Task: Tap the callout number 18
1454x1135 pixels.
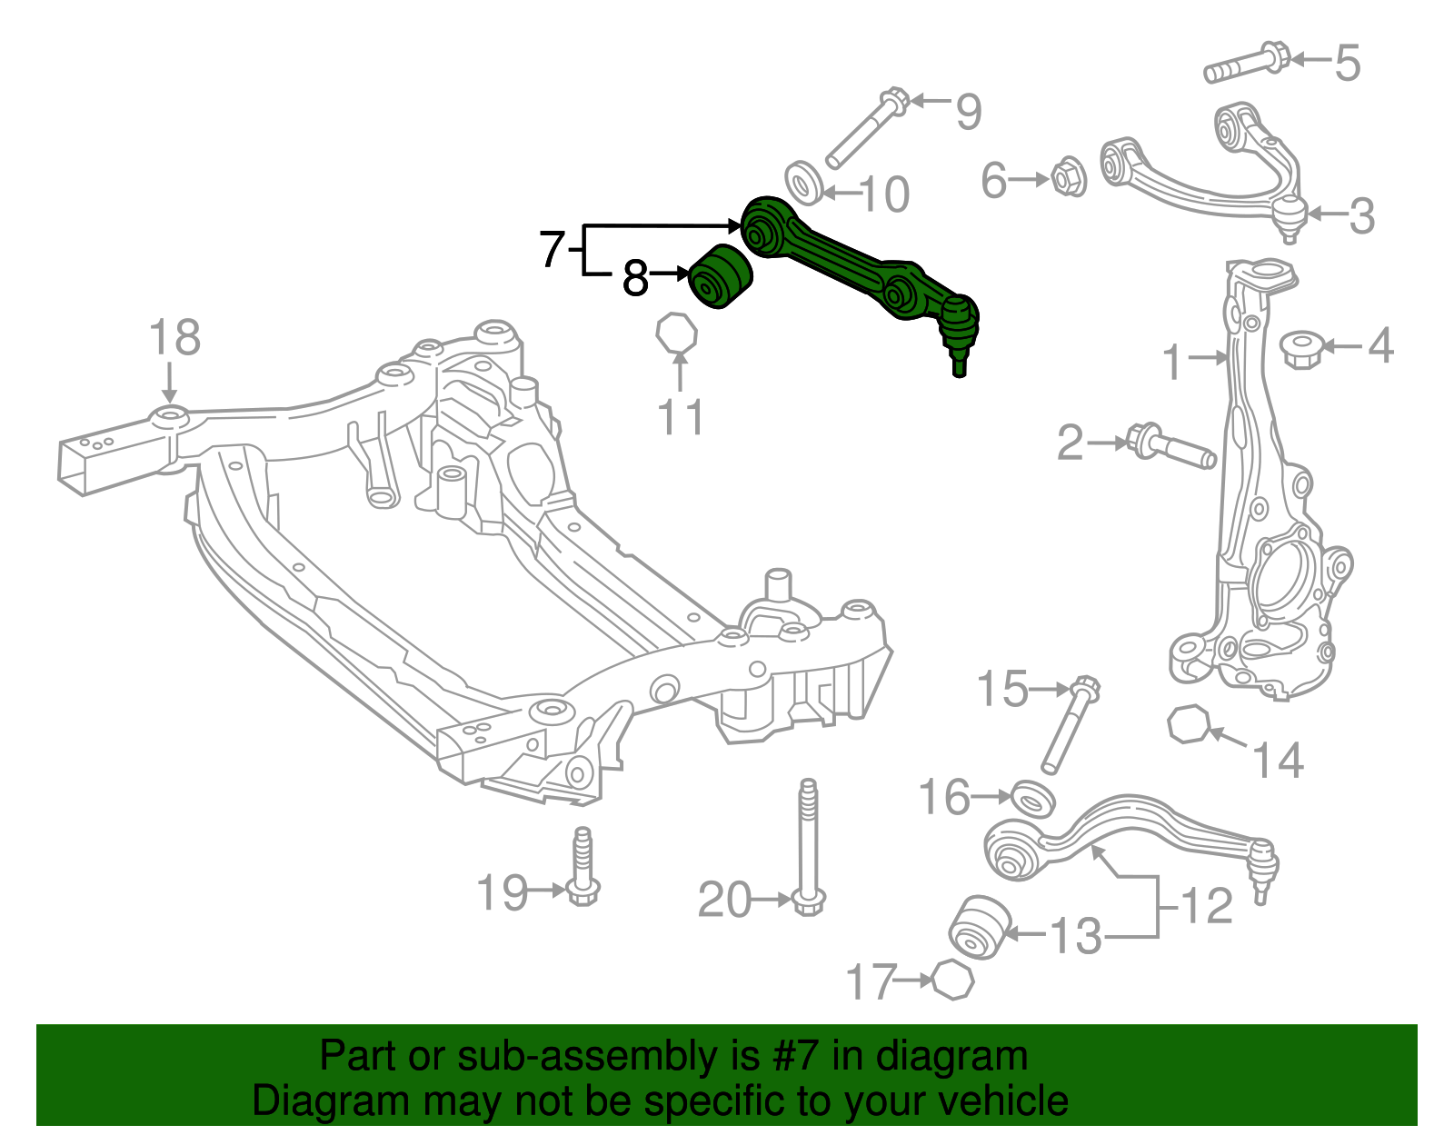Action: pyautogui.click(x=174, y=337)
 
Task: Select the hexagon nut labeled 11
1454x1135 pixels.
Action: pyautogui.click(x=677, y=333)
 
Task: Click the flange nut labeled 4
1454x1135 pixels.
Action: pyautogui.click(x=1300, y=348)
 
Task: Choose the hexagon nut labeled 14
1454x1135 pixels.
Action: pyautogui.click(x=1189, y=724)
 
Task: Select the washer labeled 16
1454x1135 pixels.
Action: pyautogui.click(x=1032, y=798)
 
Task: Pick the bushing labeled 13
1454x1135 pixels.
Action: pyautogui.click(x=978, y=926)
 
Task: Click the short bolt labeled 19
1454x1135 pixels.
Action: pyautogui.click(x=583, y=867)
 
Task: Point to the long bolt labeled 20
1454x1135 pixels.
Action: pyautogui.click(x=807, y=845)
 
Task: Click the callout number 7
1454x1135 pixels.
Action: pyautogui.click(x=552, y=249)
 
